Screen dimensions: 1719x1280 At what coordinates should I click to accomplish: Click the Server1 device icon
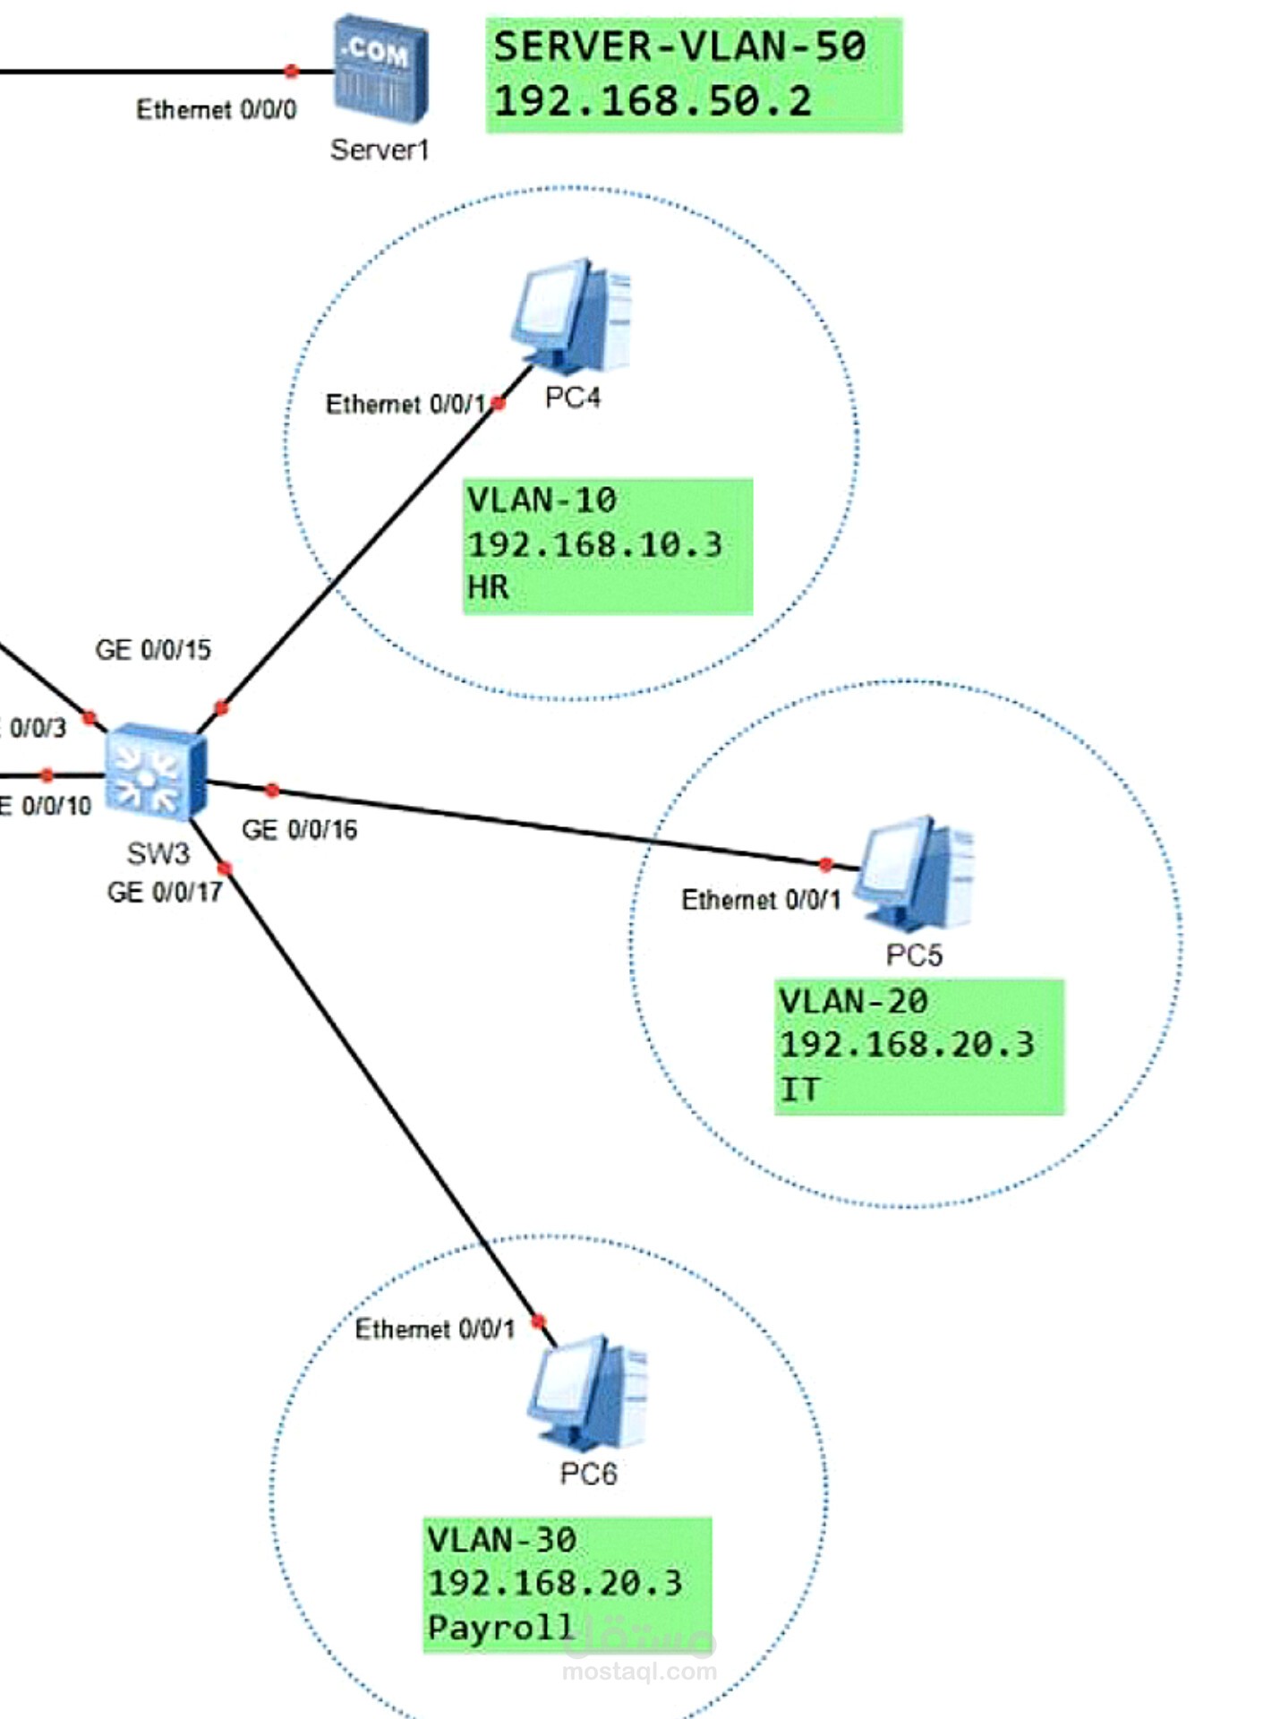point(380,69)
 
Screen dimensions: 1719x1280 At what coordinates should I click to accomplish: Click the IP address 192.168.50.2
point(653,101)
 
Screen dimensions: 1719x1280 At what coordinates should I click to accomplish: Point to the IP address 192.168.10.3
point(594,545)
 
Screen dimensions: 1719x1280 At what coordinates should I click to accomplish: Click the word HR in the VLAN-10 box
point(488,588)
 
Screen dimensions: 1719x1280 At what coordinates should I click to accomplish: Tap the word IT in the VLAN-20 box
point(799,1090)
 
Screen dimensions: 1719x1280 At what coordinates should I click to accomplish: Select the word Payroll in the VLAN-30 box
point(500,1627)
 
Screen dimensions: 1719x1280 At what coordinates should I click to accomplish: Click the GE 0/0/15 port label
point(153,650)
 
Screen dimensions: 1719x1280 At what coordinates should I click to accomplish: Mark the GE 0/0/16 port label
point(299,830)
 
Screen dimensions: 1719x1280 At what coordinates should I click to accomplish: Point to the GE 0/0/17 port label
point(165,893)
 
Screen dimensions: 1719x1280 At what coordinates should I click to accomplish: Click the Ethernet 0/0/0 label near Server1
point(216,109)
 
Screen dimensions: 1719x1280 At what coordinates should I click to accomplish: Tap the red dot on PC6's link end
point(538,1321)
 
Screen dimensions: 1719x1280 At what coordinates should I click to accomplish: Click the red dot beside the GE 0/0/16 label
point(272,790)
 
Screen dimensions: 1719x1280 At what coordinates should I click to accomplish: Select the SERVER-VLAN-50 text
point(679,47)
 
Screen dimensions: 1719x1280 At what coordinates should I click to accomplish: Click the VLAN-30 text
point(502,1540)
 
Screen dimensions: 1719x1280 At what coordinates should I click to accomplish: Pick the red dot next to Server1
point(291,71)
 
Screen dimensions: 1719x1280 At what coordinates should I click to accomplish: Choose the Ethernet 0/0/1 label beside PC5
point(761,900)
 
